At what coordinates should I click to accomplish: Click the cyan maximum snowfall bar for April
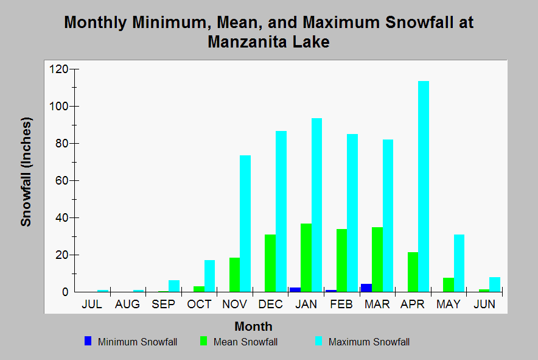(424, 186)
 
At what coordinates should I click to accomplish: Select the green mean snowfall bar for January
(306, 258)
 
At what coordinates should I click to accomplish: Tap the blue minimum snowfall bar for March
(366, 288)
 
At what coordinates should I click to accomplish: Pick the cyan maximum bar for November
(245, 224)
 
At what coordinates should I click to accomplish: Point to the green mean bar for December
(270, 263)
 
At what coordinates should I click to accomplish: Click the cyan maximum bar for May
(459, 263)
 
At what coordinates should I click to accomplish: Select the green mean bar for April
(413, 272)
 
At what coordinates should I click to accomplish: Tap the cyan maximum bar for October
(209, 276)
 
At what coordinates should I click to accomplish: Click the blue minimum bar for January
(295, 289)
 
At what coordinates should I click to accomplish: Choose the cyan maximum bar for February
(352, 213)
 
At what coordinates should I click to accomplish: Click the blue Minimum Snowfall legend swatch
(88, 341)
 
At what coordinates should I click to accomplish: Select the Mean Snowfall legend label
(245, 342)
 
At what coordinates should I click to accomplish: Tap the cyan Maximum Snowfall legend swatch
(319, 341)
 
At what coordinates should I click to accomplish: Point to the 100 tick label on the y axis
(58, 106)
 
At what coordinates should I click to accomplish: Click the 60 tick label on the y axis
(61, 181)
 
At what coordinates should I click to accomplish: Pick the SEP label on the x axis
(163, 304)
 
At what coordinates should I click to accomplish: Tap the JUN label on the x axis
(484, 304)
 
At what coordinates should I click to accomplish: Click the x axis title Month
(254, 326)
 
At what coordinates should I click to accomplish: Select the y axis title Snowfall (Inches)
(26, 172)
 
